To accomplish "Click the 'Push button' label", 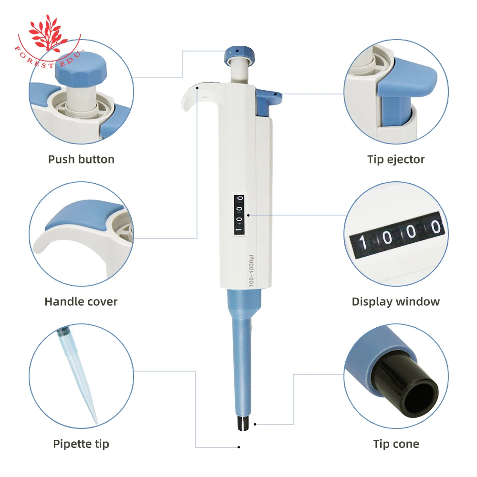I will coord(81,159).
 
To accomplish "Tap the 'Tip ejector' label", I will coord(395,159).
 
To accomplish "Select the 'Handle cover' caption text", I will coord(81,301).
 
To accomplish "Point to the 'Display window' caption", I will coord(395,301).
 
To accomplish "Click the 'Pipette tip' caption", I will coord(81,444).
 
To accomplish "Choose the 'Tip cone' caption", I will coord(395,444).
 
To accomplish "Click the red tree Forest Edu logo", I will coord(48,31).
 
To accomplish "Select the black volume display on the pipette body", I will coord(239,214).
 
